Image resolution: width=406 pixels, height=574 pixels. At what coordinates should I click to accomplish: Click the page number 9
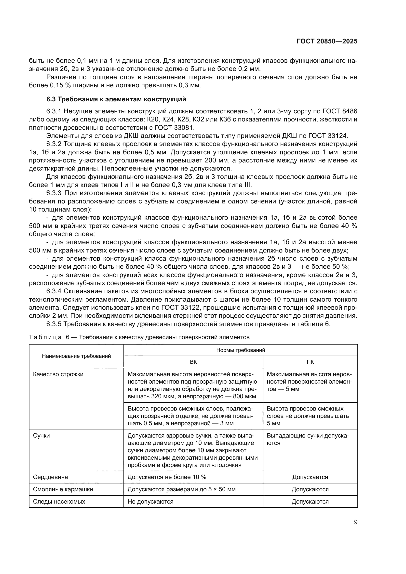click(355, 522)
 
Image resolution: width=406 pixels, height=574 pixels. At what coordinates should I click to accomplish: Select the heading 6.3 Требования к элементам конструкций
click(116, 99)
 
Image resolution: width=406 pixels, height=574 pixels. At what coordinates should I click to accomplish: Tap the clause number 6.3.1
click(54, 111)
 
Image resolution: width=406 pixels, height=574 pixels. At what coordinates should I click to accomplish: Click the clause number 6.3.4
click(54, 291)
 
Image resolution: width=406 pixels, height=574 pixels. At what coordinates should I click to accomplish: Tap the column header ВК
click(193, 362)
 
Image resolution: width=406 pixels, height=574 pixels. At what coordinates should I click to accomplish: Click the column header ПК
click(310, 362)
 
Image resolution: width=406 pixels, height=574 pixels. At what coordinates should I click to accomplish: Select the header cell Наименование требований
click(76, 356)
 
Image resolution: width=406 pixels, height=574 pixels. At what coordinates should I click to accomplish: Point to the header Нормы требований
click(241, 350)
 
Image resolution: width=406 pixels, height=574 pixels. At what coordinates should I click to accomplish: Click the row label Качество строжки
click(58, 374)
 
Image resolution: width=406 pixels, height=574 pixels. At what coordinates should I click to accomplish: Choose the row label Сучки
click(41, 436)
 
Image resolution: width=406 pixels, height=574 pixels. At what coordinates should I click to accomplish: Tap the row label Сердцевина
click(51, 477)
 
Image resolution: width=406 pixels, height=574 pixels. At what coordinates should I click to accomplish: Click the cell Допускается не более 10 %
click(167, 477)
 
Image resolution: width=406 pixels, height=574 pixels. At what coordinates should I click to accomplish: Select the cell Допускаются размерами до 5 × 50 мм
click(181, 489)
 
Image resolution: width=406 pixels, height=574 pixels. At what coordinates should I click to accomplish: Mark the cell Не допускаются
click(150, 502)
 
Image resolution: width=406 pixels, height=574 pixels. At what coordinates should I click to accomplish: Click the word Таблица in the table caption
click(45, 337)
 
